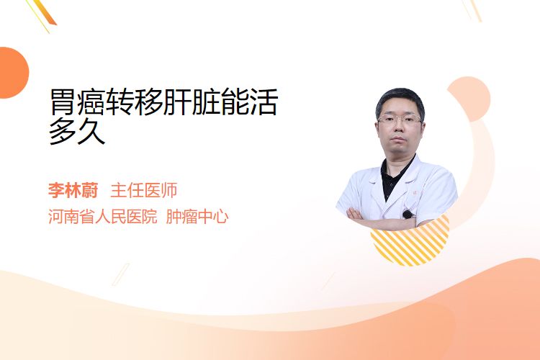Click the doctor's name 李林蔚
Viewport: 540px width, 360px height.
coord(73,190)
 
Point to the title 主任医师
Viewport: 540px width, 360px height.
coord(144,190)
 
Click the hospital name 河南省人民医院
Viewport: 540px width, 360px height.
coord(103,217)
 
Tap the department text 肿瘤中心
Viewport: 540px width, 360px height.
coord(197,217)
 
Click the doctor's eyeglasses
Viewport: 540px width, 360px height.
coord(400,120)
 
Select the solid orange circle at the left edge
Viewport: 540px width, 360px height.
coord(13,73)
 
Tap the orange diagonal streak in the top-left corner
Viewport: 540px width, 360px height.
coord(44,12)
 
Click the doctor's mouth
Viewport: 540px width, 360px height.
coord(399,140)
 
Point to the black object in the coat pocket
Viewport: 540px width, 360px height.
coord(408,215)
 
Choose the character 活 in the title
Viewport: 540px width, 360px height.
coord(264,102)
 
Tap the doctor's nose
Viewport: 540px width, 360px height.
coord(399,128)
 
